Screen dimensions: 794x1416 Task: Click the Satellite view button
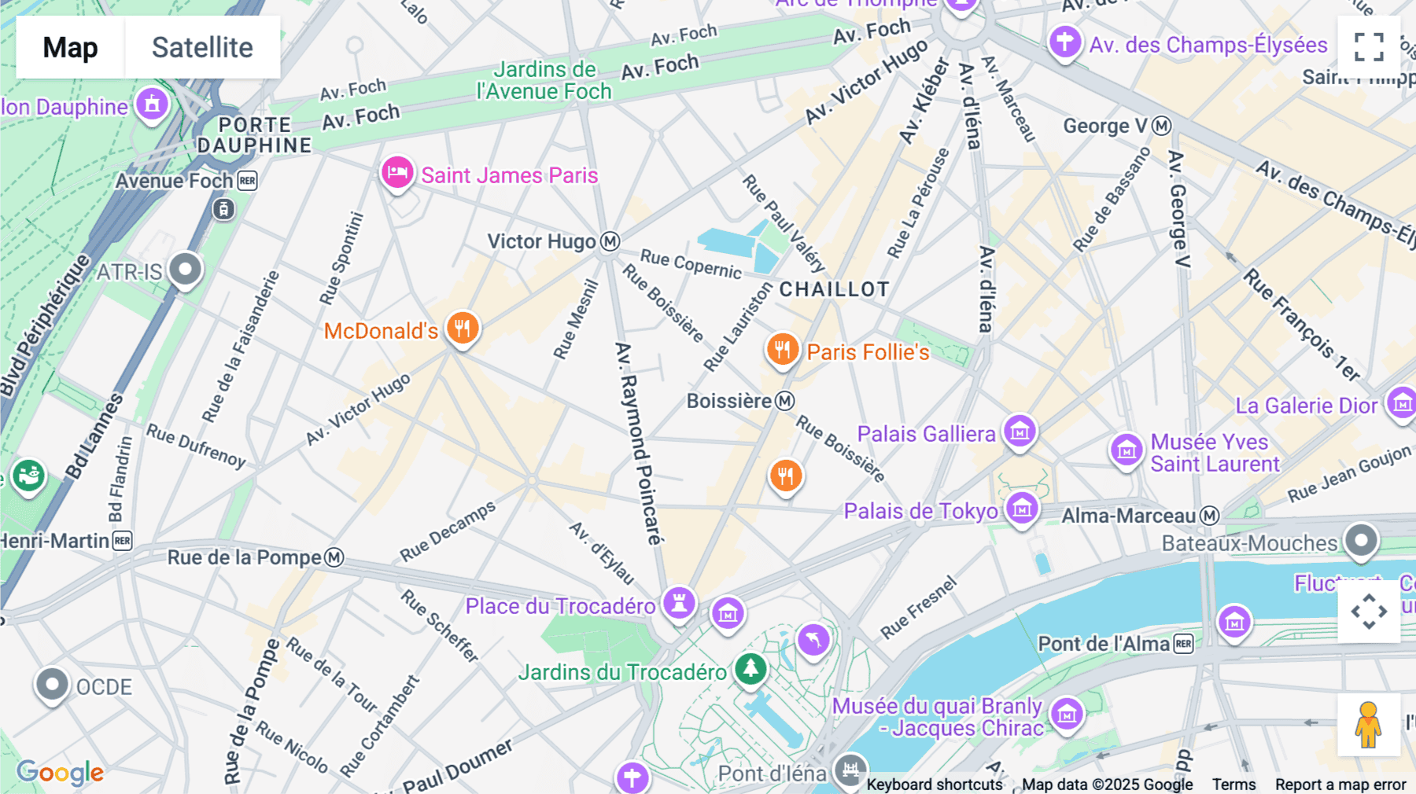202,47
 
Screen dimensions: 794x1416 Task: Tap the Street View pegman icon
1368,724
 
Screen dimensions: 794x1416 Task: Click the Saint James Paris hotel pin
397,172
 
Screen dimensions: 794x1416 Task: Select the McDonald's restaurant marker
463,328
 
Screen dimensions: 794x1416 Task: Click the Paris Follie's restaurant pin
782,348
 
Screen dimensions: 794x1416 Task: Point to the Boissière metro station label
739,402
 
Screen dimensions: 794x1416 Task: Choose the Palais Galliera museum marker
1020,431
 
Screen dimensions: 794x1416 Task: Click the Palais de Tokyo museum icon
1022,509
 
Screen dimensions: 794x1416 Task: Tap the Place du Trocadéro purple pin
679,603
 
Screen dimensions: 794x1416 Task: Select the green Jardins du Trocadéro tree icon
750,668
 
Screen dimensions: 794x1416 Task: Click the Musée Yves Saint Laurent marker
1126,450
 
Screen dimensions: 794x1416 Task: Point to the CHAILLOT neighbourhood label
834,289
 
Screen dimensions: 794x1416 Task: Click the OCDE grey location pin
52,684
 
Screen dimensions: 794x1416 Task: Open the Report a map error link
1340,785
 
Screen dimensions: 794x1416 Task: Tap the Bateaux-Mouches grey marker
1361,540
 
